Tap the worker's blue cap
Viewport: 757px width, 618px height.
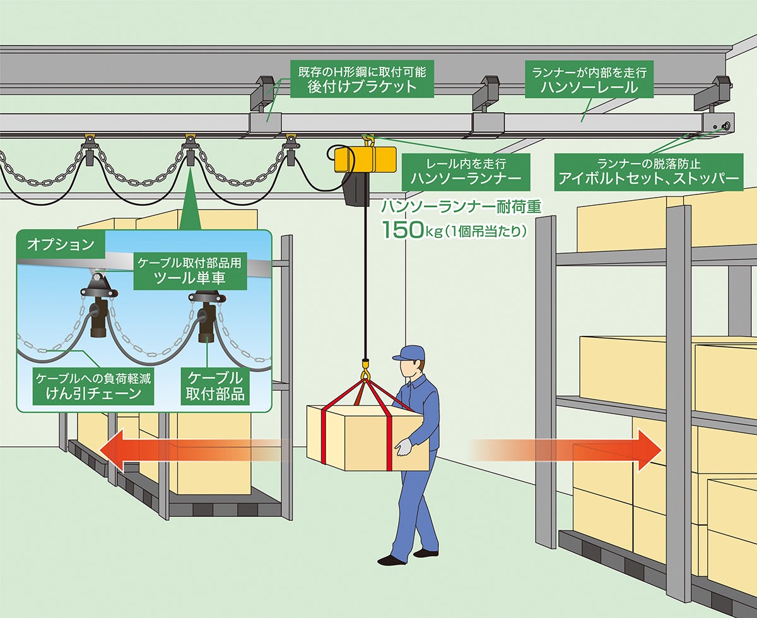409,352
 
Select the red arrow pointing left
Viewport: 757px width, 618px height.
183,450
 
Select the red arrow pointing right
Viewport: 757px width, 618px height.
568,450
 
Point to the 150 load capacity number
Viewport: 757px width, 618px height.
404,229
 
